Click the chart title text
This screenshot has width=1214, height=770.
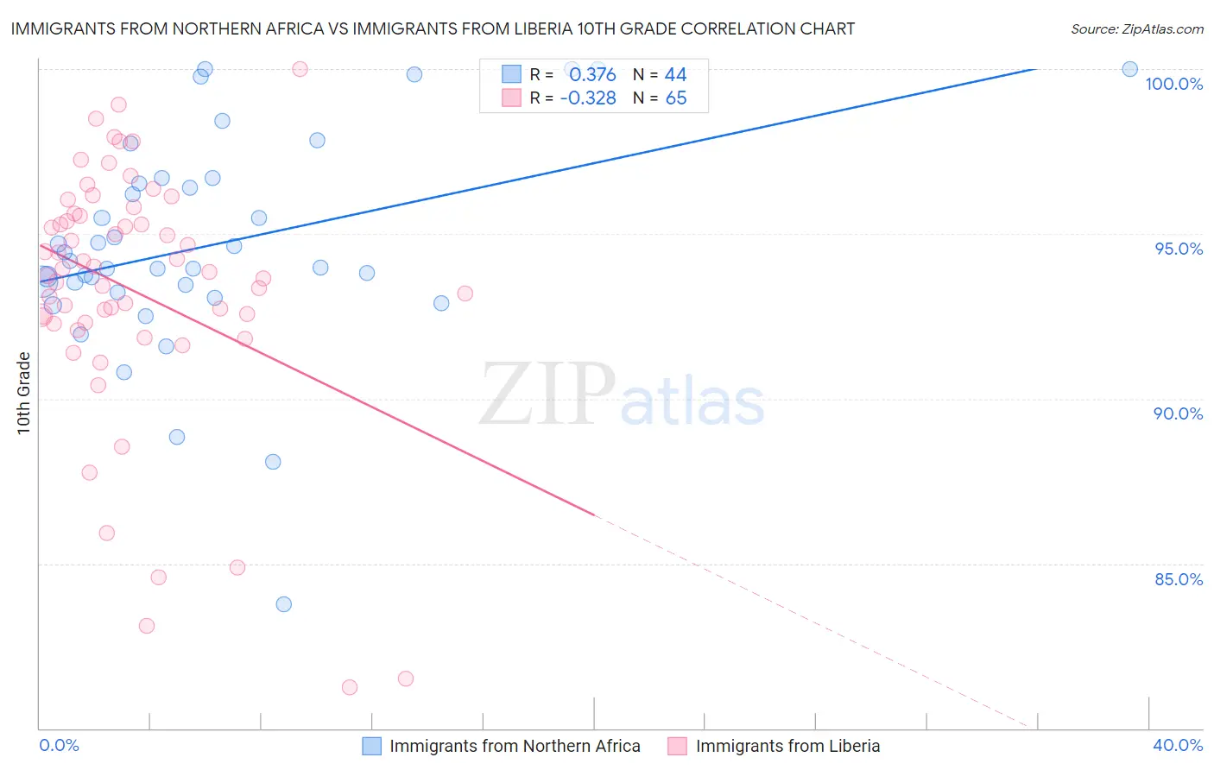tap(433, 28)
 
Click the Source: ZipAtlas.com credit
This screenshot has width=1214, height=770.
tap(1136, 28)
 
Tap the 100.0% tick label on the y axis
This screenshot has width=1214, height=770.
tap(1173, 84)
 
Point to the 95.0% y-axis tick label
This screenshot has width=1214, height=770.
tap(1179, 249)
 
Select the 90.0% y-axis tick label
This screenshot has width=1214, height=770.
tap(1179, 413)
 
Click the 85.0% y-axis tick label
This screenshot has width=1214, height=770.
tap(1179, 579)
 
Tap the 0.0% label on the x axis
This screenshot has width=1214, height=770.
tap(59, 745)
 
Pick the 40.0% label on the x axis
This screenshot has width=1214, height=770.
tap(1178, 745)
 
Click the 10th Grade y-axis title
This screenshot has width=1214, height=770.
tap(23, 393)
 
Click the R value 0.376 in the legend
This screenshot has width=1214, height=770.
tap(592, 75)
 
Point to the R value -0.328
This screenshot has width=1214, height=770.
tap(588, 98)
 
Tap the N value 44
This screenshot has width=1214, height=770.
tap(675, 75)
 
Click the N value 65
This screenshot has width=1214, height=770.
tap(676, 98)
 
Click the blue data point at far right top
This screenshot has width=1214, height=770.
tap(1129, 69)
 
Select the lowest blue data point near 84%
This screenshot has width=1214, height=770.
tap(284, 604)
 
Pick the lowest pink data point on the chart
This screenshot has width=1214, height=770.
tap(350, 687)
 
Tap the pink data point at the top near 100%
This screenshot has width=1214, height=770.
tap(300, 69)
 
